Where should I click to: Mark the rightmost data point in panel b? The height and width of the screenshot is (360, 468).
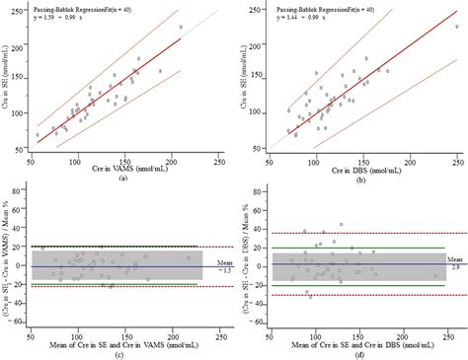click(x=456, y=28)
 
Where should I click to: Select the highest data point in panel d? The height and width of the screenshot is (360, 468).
click(x=341, y=225)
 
